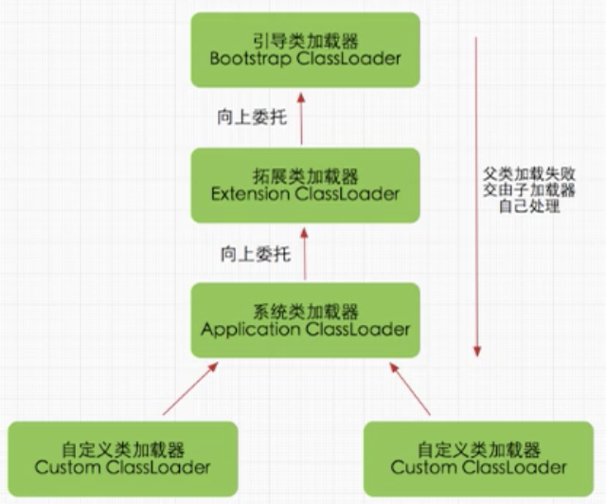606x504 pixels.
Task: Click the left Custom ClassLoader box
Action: pos(122,459)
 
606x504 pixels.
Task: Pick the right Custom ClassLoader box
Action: pos(479,459)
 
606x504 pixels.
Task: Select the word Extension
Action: pos(252,194)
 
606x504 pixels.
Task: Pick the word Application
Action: pos(251,330)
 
